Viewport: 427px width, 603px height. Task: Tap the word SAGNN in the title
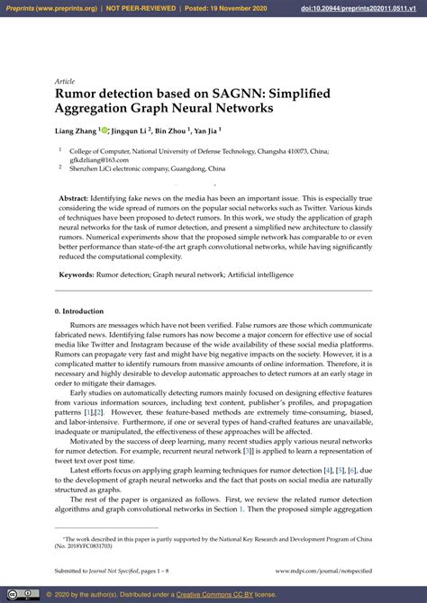[x=213, y=91]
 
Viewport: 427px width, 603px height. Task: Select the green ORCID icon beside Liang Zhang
[x=104, y=130]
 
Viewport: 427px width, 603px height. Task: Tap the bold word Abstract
[x=75, y=197]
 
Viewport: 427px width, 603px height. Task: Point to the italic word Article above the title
[x=64, y=80]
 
